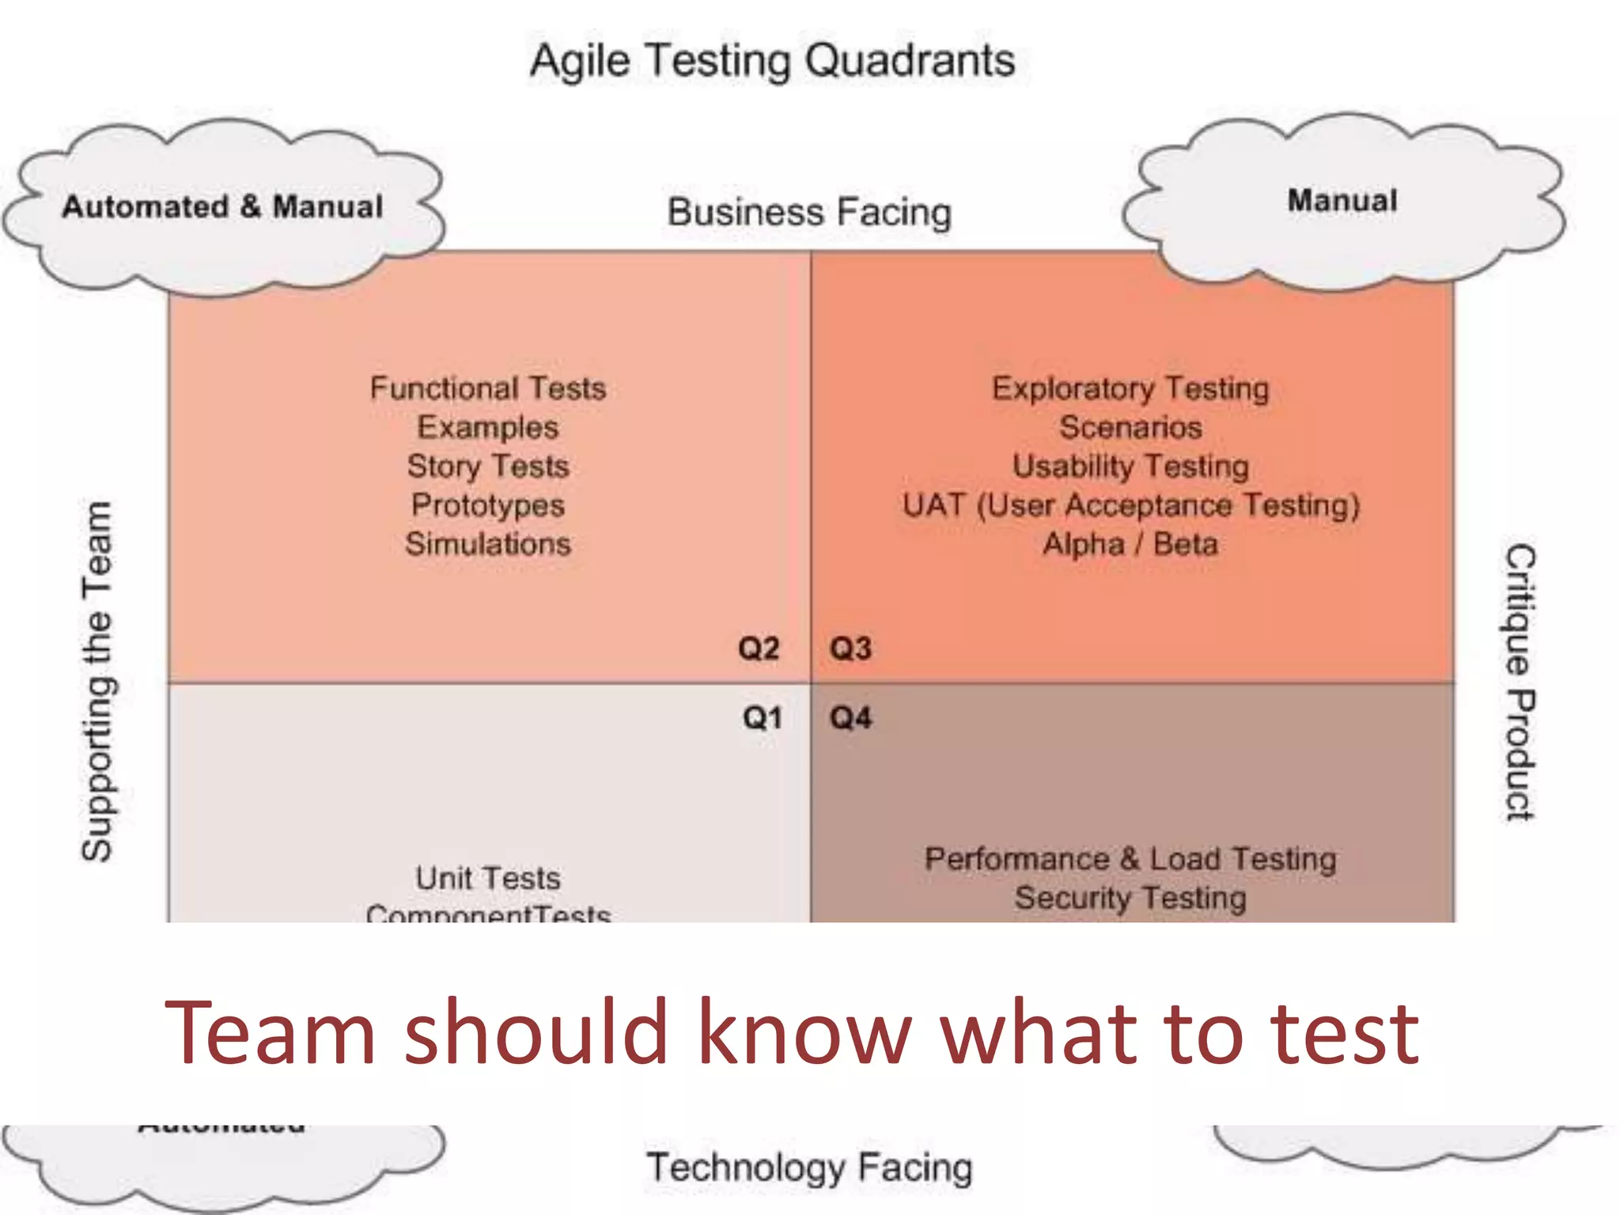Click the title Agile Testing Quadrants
[x=772, y=61]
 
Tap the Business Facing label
[x=809, y=212]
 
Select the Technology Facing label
[x=809, y=1168]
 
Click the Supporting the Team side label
[x=98, y=681]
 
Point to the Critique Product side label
[x=1519, y=682]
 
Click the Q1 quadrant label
[x=762, y=718]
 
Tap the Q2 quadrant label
[x=759, y=649]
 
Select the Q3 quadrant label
[x=850, y=649]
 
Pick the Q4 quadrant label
[x=850, y=718]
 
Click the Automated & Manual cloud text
[x=222, y=207]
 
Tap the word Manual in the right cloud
[x=1342, y=201]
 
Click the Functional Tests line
[x=488, y=388]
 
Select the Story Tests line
[x=488, y=466]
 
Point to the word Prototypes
[x=488, y=505]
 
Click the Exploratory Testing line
[x=1130, y=388]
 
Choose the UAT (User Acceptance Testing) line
[x=1130, y=505]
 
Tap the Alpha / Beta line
[x=1130, y=544]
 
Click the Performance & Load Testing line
[x=1130, y=859]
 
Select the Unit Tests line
[x=488, y=878]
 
